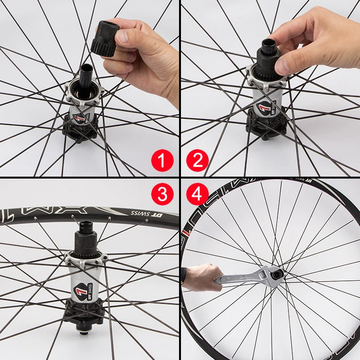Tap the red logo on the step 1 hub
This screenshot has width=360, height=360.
click(81, 117)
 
